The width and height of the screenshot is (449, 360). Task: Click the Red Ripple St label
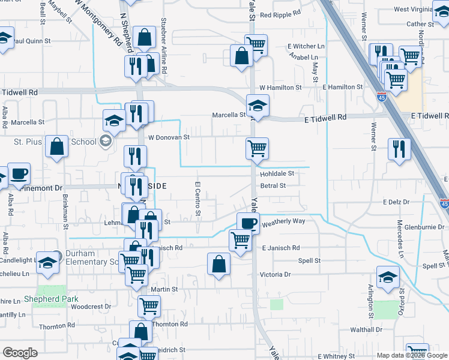(283, 15)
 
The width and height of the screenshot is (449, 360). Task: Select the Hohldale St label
(277, 173)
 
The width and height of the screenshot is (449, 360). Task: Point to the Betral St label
(273, 186)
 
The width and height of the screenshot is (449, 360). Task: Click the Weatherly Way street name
(283, 221)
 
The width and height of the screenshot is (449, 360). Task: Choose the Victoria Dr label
(275, 274)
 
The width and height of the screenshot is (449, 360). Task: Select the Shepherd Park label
(49, 299)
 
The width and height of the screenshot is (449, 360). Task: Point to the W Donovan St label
(169, 137)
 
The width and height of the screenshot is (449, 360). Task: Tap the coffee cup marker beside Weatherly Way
(248, 223)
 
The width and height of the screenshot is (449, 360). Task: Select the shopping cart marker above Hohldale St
(257, 148)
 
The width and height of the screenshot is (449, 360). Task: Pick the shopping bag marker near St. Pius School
(56, 147)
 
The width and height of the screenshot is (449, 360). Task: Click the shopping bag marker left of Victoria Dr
(219, 263)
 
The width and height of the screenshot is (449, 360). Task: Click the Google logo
(20, 353)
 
